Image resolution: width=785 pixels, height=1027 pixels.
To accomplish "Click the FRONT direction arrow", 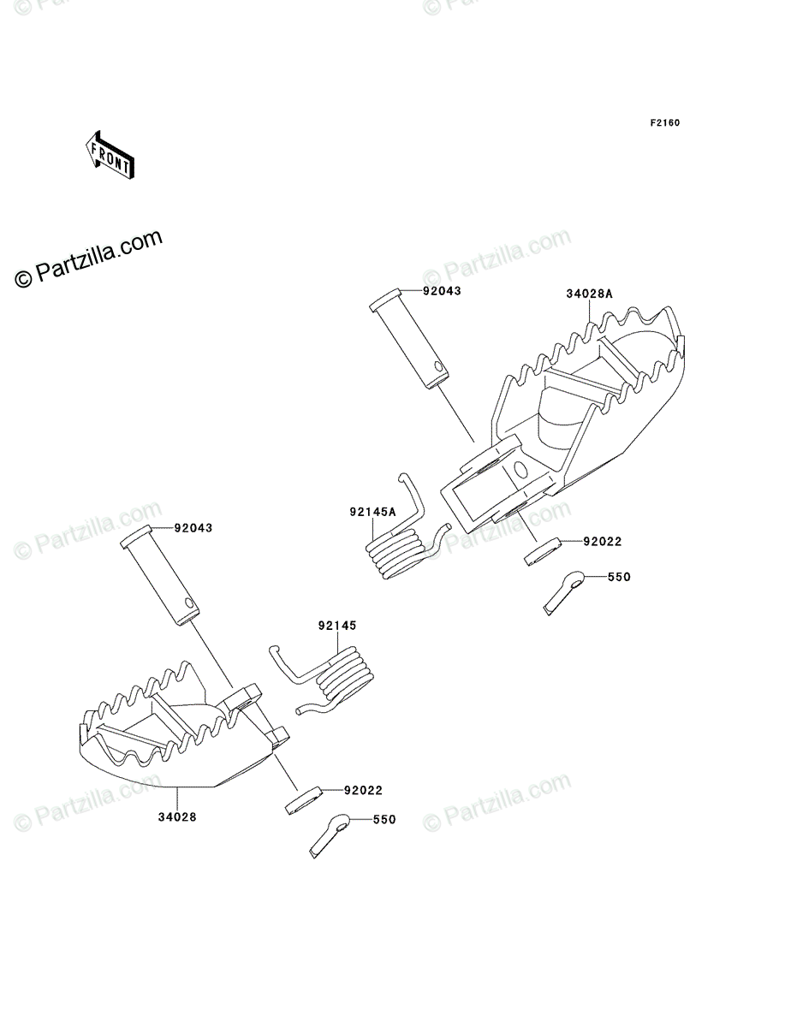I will [109, 154].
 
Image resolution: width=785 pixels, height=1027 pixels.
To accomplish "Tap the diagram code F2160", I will [663, 123].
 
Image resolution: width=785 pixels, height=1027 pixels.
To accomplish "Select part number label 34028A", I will [589, 294].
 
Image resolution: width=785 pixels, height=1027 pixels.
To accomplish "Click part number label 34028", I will [178, 816].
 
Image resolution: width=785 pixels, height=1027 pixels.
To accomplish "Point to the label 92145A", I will [372, 513].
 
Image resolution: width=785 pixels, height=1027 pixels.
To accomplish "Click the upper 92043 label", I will [441, 290].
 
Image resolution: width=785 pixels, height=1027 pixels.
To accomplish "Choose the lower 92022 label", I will [363, 790].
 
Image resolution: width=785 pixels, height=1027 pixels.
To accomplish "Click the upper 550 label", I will [618, 577].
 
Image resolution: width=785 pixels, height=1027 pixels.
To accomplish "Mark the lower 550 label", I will [384, 819].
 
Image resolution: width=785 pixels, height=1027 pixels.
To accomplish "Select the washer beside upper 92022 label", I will [541, 551].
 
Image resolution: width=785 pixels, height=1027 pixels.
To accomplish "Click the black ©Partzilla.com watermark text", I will [89, 258].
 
